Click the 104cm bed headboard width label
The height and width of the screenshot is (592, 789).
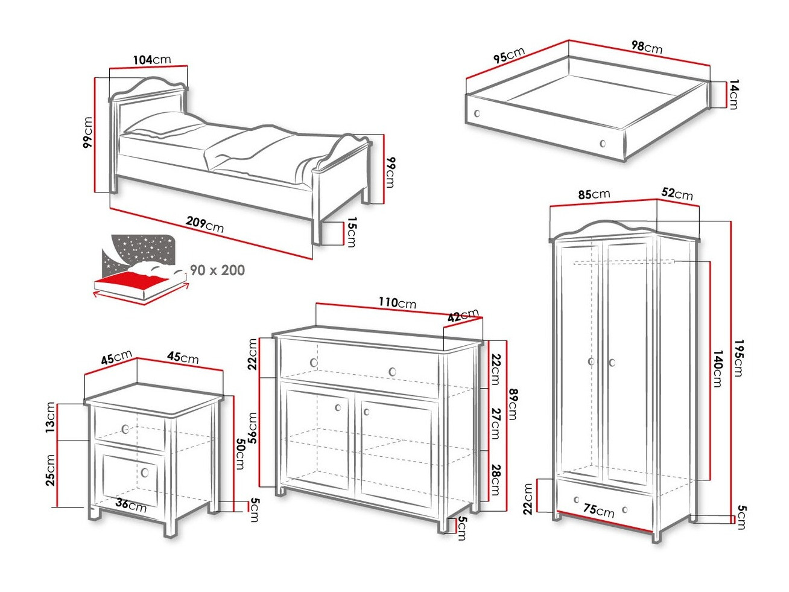pos(151,60)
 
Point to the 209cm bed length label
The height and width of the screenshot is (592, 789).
pos(205,224)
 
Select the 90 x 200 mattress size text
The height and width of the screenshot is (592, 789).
pos(217,270)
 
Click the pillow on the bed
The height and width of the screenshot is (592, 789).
pos(165,125)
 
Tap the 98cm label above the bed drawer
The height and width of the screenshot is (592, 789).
pos(647,46)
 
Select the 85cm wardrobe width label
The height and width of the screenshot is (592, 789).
pos(594,194)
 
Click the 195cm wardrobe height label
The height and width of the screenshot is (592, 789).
pos(738,358)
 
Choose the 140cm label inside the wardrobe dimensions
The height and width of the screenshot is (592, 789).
pos(717,368)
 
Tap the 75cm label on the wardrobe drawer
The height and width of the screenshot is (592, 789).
pos(598,511)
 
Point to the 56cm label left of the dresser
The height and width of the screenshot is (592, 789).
pos(253,428)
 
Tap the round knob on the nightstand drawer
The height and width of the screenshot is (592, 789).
pos(125,429)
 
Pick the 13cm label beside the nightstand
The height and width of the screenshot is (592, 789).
pos(51,417)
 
